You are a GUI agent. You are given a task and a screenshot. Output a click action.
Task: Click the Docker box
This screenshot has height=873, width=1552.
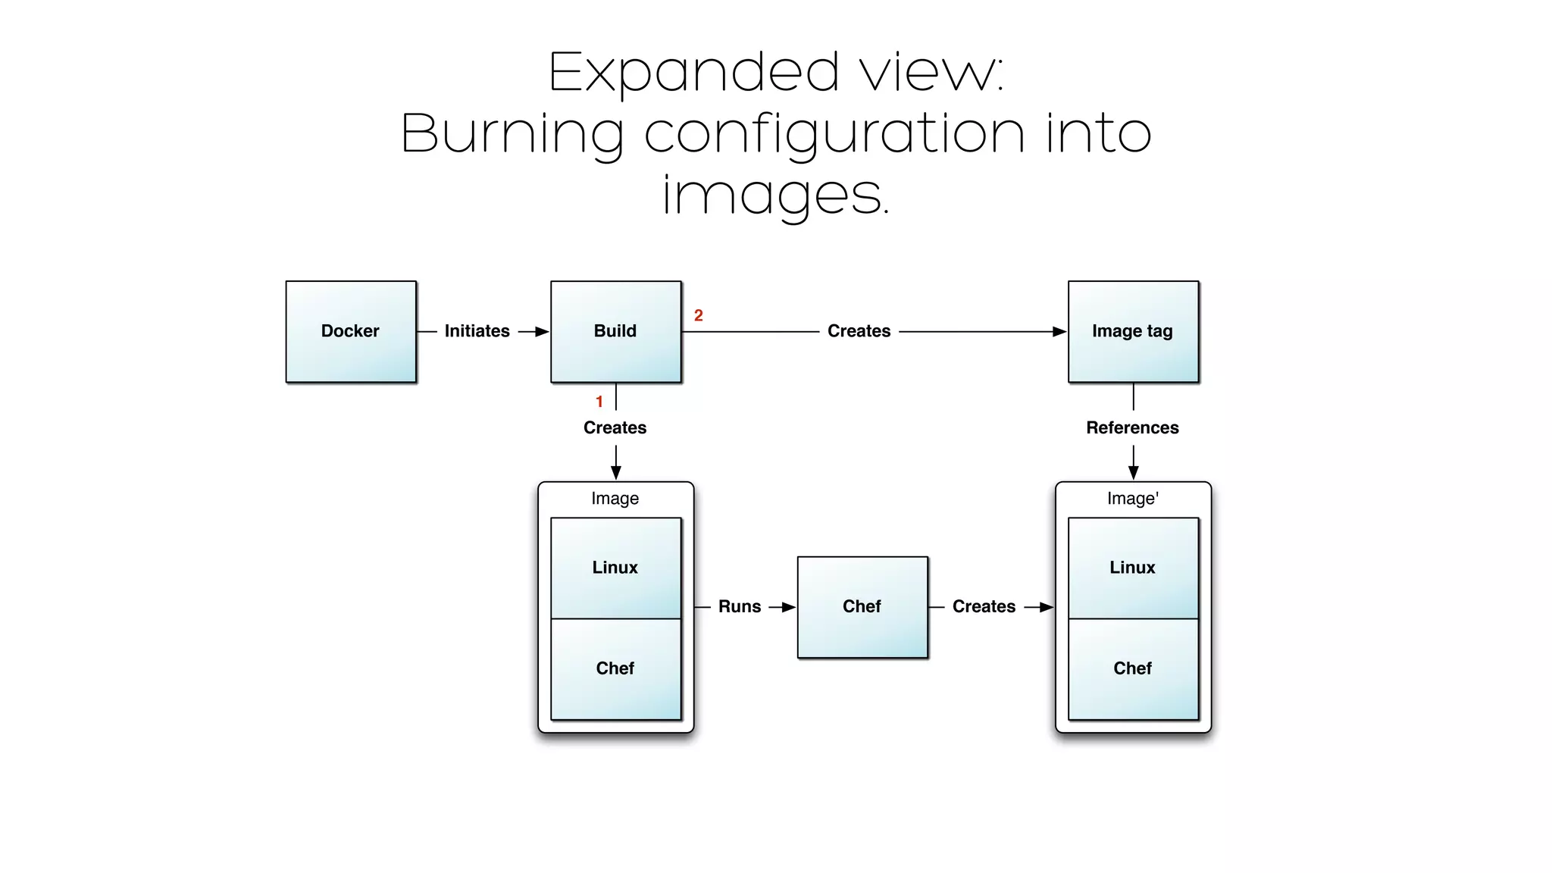click(351, 331)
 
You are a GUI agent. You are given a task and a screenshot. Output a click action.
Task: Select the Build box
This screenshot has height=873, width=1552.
click(615, 331)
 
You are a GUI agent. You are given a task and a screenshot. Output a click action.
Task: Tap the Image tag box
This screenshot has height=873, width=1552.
click(1133, 331)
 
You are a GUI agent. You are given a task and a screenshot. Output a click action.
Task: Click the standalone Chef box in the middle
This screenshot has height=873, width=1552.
click(862, 606)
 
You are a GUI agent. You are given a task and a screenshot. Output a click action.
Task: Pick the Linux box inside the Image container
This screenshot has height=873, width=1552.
click(615, 568)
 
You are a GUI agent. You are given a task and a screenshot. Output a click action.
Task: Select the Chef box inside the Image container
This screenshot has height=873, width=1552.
click(615, 668)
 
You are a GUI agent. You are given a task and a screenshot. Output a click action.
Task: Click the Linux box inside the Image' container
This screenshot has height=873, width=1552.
click(1133, 568)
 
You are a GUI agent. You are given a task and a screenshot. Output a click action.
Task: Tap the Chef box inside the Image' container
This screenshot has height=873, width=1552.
click(1133, 668)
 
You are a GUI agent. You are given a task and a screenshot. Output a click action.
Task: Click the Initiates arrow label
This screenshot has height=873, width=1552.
click(477, 331)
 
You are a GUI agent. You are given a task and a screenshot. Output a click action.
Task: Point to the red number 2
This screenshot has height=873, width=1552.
click(699, 315)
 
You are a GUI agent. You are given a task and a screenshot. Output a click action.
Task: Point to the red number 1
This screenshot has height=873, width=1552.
click(599, 402)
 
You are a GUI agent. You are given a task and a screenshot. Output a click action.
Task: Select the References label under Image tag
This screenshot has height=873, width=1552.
click(1132, 427)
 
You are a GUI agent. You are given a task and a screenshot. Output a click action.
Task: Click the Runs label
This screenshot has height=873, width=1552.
click(740, 606)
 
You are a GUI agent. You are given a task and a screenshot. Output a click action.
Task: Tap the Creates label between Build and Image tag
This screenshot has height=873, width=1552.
click(859, 331)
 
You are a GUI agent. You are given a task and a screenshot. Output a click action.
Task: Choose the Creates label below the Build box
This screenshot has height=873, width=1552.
click(615, 427)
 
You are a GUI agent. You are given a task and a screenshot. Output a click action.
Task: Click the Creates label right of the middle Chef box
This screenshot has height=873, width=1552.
click(984, 606)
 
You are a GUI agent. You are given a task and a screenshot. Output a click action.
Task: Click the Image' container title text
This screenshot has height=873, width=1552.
click(1132, 499)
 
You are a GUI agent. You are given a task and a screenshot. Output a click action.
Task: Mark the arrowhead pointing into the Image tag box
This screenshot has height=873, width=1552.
click(1059, 332)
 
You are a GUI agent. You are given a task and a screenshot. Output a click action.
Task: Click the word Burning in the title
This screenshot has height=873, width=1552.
click(512, 133)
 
